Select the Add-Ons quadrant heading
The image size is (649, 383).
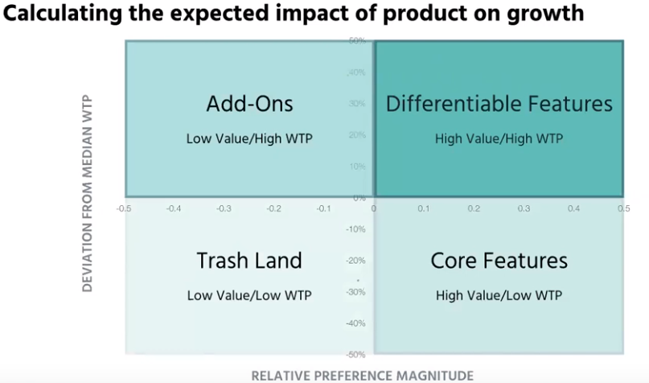click(x=249, y=104)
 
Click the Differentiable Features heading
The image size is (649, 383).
click(x=499, y=104)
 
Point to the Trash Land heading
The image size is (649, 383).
click(x=249, y=261)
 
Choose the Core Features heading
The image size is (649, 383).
click(x=499, y=261)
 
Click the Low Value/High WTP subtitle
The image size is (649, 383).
click(x=249, y=138)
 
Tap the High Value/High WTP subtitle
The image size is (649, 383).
click(x=499, y=138)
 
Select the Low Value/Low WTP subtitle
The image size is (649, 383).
click(x=249, y=295)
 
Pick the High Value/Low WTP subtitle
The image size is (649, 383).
click(x=499, y=295)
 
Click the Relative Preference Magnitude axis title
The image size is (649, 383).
click(x=362, y=375)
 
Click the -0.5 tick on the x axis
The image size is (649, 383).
click(x=125, y=208)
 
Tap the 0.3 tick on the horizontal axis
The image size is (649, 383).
click(x=524, y=208)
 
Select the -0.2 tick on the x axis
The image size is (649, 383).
click(x=274, y=208)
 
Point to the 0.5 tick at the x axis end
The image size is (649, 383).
click(x=622, y=208)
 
